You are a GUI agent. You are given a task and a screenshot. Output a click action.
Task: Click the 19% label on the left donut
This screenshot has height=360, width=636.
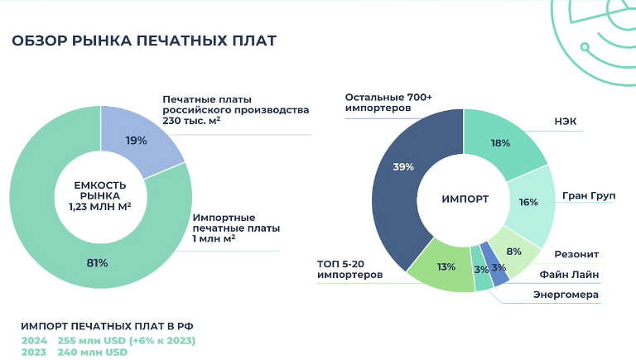click(137, 141)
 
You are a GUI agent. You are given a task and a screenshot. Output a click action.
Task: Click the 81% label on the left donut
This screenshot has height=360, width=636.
click(96, 263)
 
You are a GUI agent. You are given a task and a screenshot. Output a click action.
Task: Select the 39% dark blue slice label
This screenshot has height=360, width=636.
click(403, 167)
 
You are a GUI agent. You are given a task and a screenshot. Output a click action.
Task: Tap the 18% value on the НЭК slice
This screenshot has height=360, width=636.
click(500, 143)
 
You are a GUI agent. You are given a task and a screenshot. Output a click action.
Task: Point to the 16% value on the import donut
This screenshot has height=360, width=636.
click(528, 202)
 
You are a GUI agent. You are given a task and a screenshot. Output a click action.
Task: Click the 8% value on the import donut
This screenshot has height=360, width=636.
click(513, 252)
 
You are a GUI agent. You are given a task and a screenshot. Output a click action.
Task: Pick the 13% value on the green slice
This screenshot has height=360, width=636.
click(446, 267)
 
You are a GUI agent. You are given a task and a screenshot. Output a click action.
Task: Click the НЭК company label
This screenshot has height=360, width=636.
click(566, 122)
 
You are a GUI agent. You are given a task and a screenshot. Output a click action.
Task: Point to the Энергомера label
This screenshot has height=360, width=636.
click(566, 295)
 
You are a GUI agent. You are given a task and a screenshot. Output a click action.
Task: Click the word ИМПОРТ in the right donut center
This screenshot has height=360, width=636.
click(465, 199)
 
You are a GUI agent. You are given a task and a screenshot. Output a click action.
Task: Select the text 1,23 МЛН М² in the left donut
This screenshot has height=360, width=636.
click(99, 207)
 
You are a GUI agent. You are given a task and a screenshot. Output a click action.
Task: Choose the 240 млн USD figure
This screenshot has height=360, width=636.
click(93, 353)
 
